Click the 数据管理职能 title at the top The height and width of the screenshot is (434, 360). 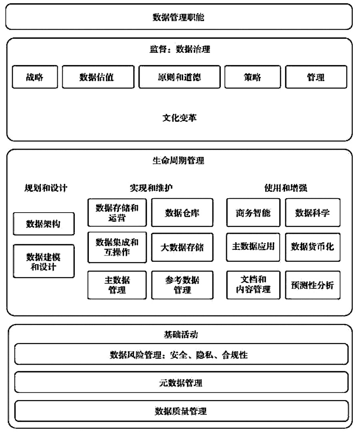click(x=178, y=17)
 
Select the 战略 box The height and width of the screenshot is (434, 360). click(x=35, y=77)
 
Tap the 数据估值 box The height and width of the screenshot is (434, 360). click(x=98, y=77)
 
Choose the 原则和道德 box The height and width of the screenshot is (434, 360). click(x=180, y=77)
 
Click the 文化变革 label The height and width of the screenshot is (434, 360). click(x=179, y=118)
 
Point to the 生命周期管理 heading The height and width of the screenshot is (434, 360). click(x=178, y=160)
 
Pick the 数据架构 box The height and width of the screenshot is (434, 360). click(x=44, y=224)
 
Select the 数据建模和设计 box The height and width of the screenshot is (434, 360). click(x=44, y=261)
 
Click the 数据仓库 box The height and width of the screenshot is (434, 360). click(x=182, y=213)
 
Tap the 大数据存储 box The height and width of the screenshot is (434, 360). click(x=182, y=247)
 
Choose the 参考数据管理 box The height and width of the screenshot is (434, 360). click(x=182, y=285)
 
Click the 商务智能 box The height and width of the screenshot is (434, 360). click(x=253, y=213)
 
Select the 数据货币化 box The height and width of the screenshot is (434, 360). click(x=313, y=247)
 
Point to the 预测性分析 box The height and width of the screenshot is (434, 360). click(x=313, y=285)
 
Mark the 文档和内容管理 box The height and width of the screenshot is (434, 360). click(x=253, y=285)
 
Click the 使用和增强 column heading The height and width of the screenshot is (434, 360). click(x=286, y=188)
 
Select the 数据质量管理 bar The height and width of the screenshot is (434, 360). click(x=181, y=411)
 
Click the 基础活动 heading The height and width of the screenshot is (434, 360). click(x=181, y=334)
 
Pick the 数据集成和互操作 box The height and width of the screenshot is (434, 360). click(x=117, y=247)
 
